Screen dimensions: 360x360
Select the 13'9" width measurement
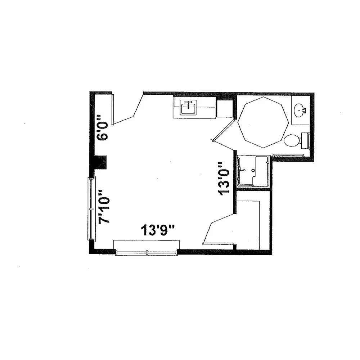158,230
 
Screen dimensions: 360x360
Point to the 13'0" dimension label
224,179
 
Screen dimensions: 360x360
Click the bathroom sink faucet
304,111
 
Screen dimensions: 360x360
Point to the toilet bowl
291,140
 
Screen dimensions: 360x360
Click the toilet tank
305,140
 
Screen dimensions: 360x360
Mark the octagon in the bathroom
263,122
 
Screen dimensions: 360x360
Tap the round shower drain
253,171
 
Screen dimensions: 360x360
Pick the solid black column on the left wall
101,162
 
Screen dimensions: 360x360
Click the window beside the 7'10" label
91,209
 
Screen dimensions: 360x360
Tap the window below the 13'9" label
147,252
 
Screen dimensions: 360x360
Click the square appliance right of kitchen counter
225,109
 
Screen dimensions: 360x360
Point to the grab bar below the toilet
288,156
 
